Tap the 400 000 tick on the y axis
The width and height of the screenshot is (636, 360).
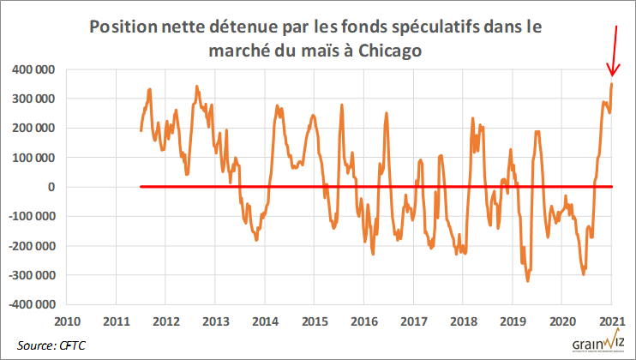[33, 69]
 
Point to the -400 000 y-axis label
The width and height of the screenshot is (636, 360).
[30, 304]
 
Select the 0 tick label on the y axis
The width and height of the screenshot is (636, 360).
[51, 187]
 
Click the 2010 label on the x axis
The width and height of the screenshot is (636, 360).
[68, 322]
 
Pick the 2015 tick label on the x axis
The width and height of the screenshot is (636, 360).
[315, 322]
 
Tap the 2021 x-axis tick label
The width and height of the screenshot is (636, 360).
[611, 322]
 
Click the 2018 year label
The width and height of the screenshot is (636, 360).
[463, 322]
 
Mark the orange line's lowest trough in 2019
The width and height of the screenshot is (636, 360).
[527, 280]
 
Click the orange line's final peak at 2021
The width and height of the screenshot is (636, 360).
[611, 84]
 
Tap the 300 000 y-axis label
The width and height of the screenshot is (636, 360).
[33, 99]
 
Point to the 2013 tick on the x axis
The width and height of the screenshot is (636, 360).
[215, 322]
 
